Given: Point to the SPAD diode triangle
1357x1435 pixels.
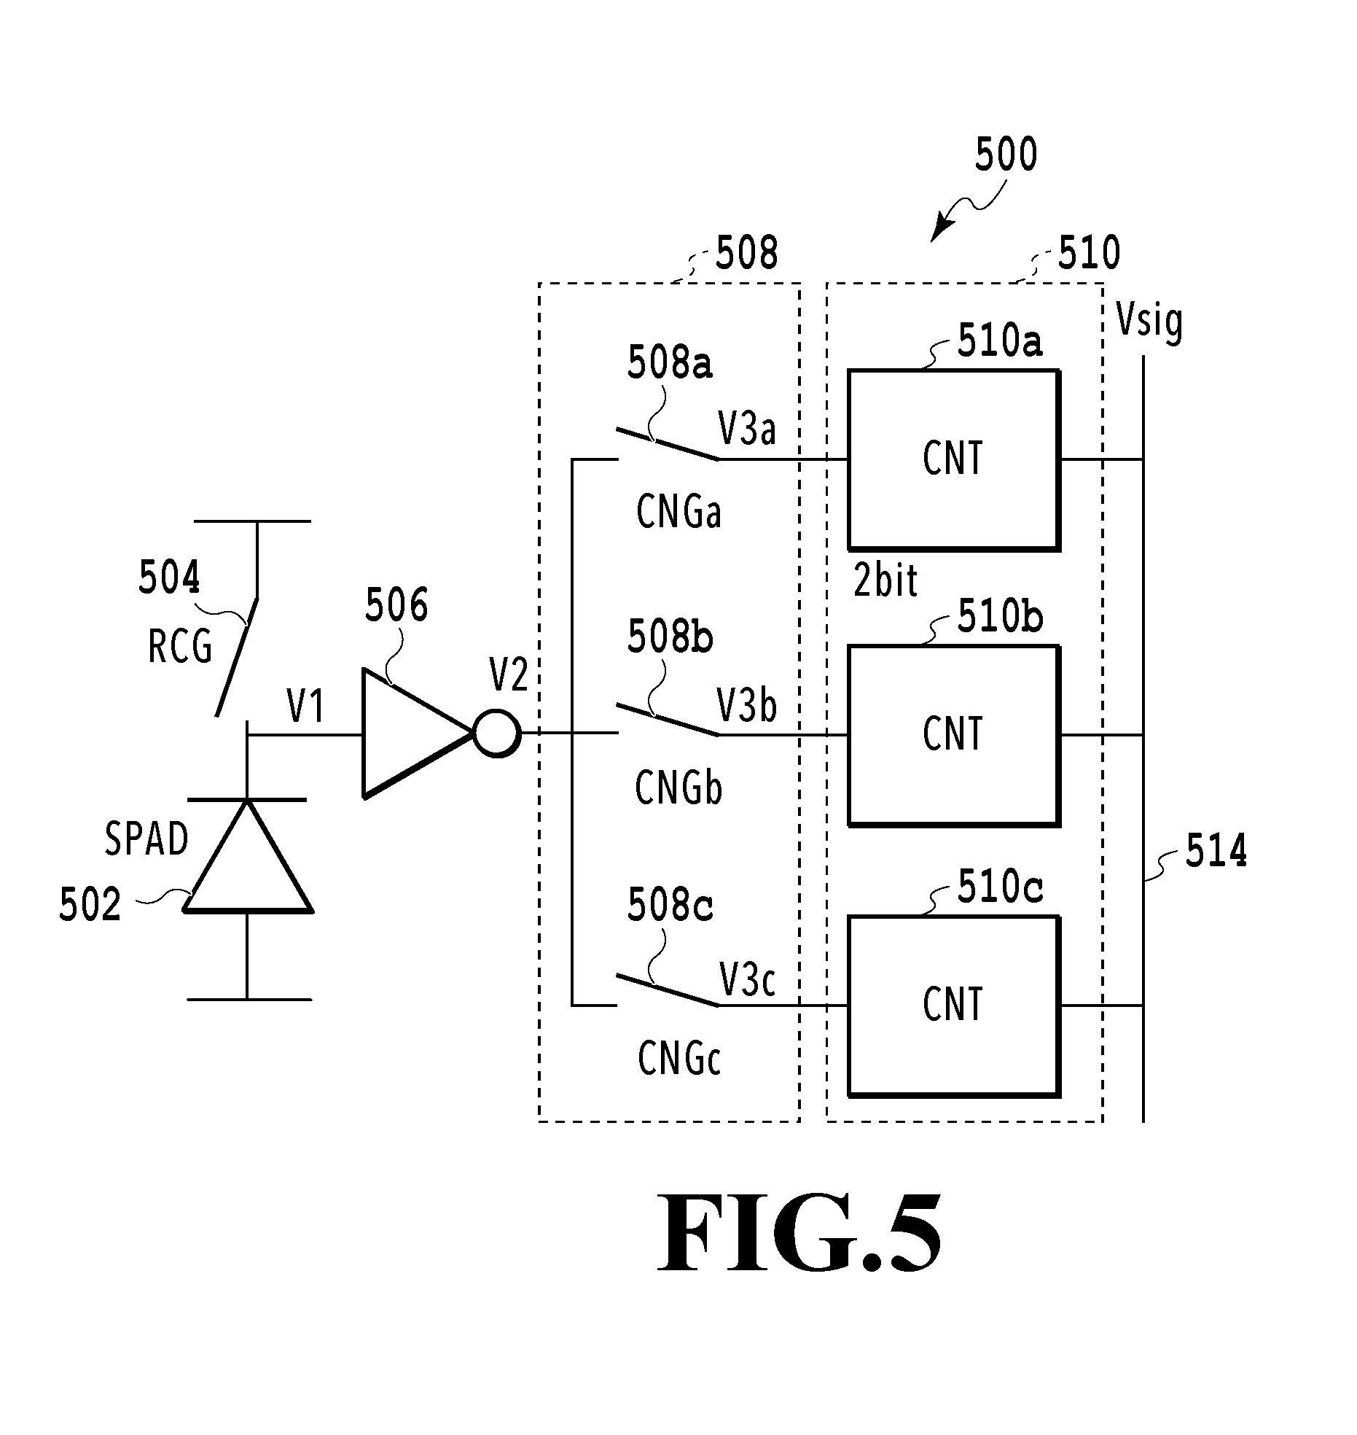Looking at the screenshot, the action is tap(248, 855).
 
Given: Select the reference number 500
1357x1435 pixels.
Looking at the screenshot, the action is tap(1006, 155).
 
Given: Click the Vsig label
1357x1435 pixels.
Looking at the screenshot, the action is tap(1149, 321).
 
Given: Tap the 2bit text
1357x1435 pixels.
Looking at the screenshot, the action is tap(885, 582).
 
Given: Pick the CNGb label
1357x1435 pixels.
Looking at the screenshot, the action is tap(678, 787).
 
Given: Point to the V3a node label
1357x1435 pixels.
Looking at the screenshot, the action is tap(747, 428).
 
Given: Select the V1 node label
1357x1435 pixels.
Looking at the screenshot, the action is tap(305, 706).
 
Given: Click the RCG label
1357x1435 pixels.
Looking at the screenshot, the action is tap(180, 646).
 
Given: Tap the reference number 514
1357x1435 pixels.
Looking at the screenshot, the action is tap(1216, 851).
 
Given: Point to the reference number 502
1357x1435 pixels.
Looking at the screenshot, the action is tap(90, 906).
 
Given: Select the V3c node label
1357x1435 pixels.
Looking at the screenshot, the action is tap(747, 979).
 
